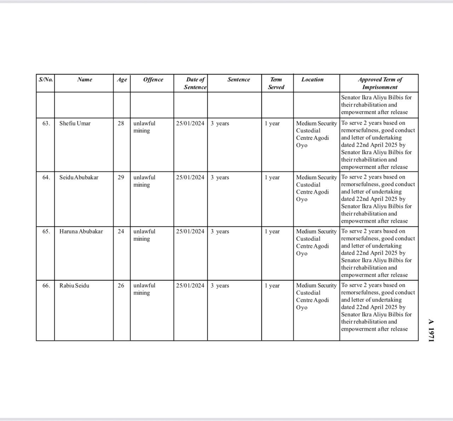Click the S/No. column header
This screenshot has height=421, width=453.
click(46, 80)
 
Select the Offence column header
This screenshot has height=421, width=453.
click(153, 80)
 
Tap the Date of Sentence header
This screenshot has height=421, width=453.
click(195, 83)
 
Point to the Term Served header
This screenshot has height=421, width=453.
click(276, 83)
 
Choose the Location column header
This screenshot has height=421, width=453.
click(312, 80)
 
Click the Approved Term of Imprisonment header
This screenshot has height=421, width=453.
click(380, 83)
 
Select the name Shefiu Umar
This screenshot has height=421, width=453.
click(75, 123)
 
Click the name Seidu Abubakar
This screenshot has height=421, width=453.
click(79, 178)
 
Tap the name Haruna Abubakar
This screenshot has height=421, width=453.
click(81, 231)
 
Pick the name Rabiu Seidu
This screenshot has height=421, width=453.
click(74, 286)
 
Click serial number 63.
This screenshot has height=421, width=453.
click(46, 123)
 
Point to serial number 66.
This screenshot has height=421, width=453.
click(46, 286)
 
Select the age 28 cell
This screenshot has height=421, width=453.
click(121, 123)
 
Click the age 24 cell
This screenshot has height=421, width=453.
click(121, 231)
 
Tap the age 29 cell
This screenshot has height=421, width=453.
click(121, 178)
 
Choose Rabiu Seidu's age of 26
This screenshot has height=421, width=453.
click(121, 286)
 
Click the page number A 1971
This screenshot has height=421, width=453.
click(431, 330)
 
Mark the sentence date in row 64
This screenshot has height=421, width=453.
click(190, 178)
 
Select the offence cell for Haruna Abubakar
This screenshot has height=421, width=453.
click(144, 235)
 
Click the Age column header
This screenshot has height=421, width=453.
click(122, 80)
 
